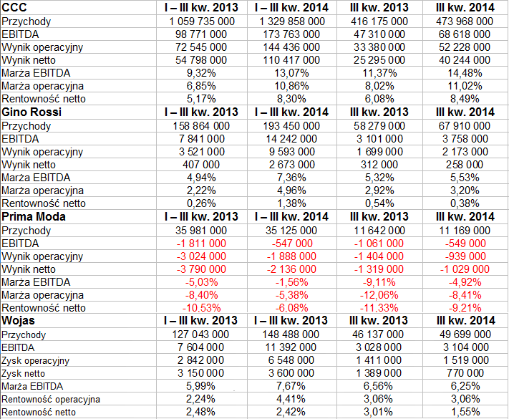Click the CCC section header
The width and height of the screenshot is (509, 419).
pyautogui.click(x=14, y=7)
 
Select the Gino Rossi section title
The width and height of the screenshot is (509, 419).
pyautogui.click(x=31, y=112)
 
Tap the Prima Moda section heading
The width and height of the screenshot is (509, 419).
pyautogui.click(x=34, y=216)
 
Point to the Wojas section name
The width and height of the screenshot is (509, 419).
pyautogui.click(x=18, y=321)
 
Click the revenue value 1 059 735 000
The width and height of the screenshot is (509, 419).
pyautogui.click(x=202, y=21)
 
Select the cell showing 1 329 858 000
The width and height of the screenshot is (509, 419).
pyautogui.click(x=292, y=21)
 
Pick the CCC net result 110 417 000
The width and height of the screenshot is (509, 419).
pyautogui.click(x=291, y=60)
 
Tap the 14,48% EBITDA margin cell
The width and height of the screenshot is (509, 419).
pyautogui.click(x=465, y=73)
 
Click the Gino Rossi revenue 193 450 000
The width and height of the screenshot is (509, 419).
pyautogui.click(x=291, y=126)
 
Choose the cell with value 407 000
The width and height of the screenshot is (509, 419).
pyautogui.click(x=201, y=165)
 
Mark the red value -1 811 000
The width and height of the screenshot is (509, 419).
pyautogui.click(x=201, y=244)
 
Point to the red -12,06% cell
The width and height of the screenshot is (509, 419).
pyautogui.click(x=379, y=295)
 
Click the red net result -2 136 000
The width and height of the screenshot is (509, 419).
pyautogui.click(x=291, y=269)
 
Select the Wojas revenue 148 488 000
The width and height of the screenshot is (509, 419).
pyautogui.click(x=291, y=334)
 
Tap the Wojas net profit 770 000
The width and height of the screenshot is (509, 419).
pyautogui.click(x=465, y=373)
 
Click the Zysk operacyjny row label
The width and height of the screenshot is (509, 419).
pyautogui.click(x=35, y=361)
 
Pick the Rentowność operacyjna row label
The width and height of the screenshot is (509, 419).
pyautogui.click(x=51, y=399)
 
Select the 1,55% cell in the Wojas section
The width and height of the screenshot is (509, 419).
pyautogui.click(x=465, y=412)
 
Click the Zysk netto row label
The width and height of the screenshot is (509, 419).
pyautogui.click(x=24, y=374)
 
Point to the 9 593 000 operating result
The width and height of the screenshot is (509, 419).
pyautogui.click(x=292, y=152)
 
